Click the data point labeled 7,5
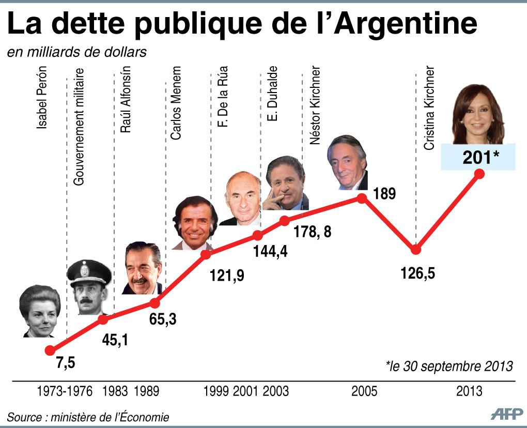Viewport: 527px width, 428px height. pos(50,350)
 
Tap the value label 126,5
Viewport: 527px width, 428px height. pos(417,272)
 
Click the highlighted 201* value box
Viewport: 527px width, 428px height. pos(478,157)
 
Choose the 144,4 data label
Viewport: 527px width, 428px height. pos(270,253)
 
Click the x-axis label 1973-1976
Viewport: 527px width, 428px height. pos(65,391)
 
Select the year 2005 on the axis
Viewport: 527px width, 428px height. pos(364,391)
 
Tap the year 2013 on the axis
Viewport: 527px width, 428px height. pos(469,391)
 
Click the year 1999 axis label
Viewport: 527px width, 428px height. pos(216,391)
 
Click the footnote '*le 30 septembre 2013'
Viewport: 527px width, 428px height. pos(449,366)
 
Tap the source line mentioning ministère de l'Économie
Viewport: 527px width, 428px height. pos(88,417)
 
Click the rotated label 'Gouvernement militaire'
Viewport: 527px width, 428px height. pos(79,126)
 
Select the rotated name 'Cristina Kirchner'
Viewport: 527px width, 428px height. pos(429,108)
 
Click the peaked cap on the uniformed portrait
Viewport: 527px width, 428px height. pos(89,272)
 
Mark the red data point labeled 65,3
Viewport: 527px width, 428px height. pos(154,303)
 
